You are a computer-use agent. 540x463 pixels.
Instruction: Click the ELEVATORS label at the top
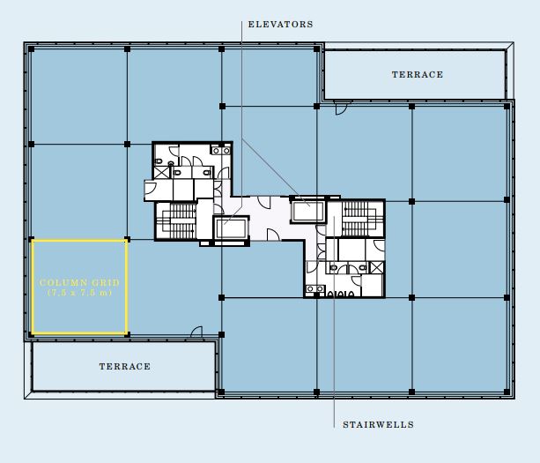(x=281, y=25)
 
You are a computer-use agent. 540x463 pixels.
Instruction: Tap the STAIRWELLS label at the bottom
(x=379, y=424)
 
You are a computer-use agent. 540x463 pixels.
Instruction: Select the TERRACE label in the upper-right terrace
(x=418, y=74)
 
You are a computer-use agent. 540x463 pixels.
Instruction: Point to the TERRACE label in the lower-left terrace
(x=125, y=366)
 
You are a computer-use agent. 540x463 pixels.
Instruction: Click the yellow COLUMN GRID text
(x=79, y=283)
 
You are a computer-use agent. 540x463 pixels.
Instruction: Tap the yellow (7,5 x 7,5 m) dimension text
(x=79, y=293)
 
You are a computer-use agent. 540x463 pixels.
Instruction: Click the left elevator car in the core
(x=231, y=228)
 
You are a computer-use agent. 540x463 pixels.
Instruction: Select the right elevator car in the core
(x=308, y=211)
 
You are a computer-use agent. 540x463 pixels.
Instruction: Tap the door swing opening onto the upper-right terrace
(x=341, y=108)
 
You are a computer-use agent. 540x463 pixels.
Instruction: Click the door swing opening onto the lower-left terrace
(x=197, y=332)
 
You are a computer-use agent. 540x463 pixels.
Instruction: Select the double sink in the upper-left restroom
(x=220, y=150)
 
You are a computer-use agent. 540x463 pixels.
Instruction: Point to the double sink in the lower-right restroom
(x=315, y=289)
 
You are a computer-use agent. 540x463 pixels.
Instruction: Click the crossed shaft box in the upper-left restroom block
(x=161, y=172)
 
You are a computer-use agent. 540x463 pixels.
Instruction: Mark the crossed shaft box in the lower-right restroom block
(x=376, y=267)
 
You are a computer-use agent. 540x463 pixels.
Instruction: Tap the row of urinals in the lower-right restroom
(x=340, y=294)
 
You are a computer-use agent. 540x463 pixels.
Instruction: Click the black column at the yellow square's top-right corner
(x=127, y=239)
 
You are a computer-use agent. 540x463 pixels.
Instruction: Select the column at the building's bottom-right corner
(x=507, y=392)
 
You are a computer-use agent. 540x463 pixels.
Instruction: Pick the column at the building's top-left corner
(x=32, y=49)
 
